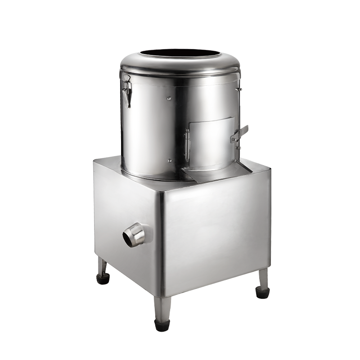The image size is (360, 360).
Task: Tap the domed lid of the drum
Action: pos(135,63)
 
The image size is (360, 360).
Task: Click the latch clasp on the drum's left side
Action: pos(127,90)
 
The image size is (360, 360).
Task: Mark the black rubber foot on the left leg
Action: pos(103,279)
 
